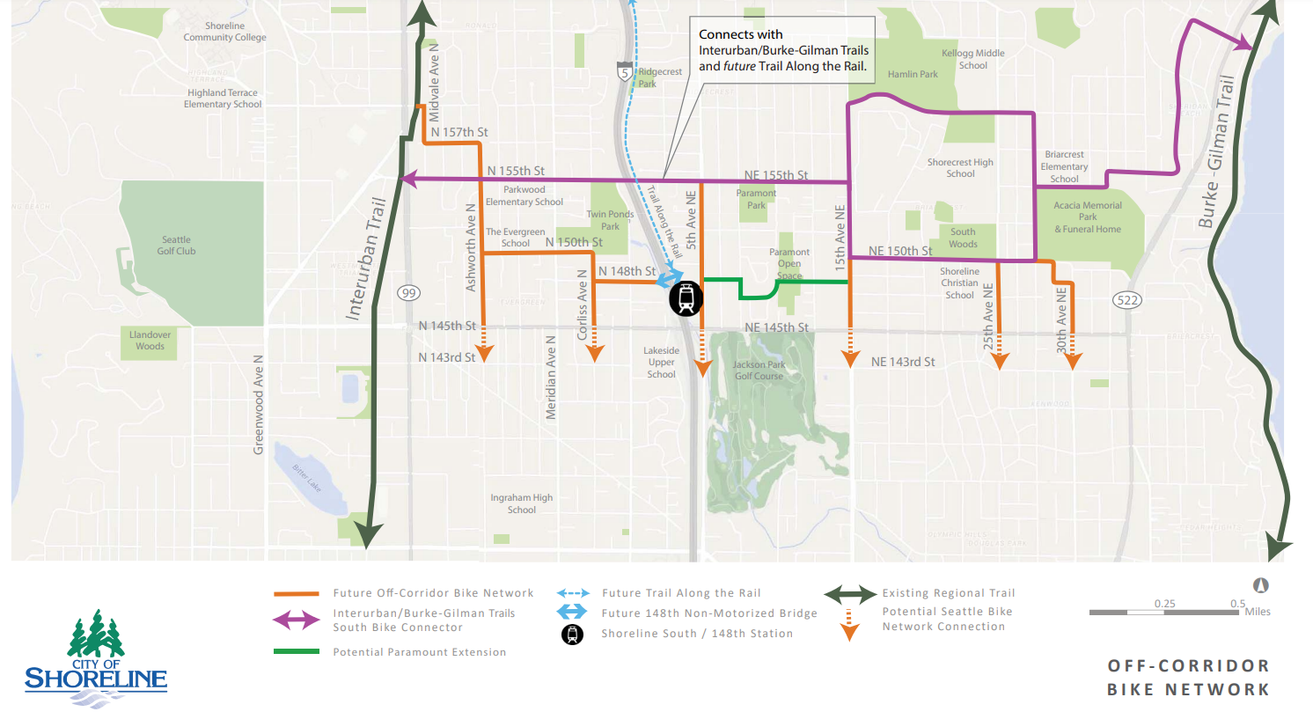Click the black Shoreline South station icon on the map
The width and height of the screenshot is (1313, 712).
click(x=686, y=298)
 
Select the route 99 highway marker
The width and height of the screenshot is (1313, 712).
click(x=407, y=293)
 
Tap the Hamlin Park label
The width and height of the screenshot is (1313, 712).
click(x=913, y=75)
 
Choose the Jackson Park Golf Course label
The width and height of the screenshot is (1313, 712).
click(x=759, y=370)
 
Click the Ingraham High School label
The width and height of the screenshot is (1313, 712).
click(x=522, y=503)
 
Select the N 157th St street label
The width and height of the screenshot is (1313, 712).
click(x=458, y=132)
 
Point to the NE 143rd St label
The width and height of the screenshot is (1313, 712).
click(x=902, y=362)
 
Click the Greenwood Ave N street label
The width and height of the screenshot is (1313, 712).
click(x=259, y=405)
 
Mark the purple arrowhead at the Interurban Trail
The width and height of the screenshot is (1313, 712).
click(x=407, y=179)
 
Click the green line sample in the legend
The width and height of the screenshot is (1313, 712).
click(x=295, y=652)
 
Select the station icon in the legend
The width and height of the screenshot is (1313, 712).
click(x=573, y=634)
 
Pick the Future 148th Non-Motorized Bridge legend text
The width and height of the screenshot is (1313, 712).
click(x=709, y=613)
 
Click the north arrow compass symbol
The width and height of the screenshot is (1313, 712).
click(x=1260, y=585)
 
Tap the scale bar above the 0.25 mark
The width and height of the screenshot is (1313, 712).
click(x=1163, y=612)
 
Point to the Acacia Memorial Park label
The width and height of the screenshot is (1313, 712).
click(x=1088, y=217)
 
